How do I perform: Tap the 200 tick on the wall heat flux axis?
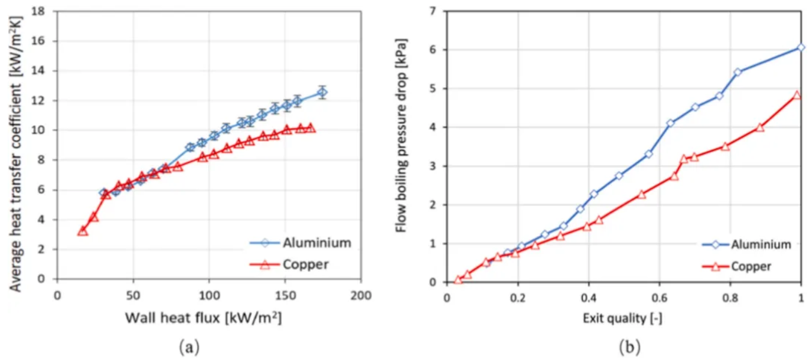click(x=360, y=293)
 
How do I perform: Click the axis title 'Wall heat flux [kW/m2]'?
click(x=203, y=318)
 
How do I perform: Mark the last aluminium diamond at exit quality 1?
click(x=801, y=47)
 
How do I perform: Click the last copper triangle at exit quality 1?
click(x=797, y=95)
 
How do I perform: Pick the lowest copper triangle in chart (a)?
click(x=83, y=231)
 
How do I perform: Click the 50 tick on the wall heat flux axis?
click(x=133, y=293)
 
